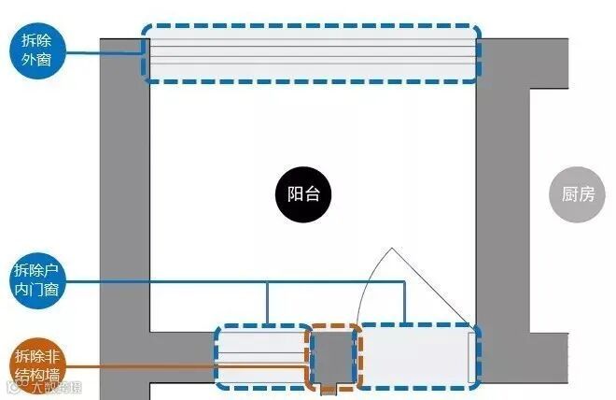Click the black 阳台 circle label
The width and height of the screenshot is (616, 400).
[303, 195]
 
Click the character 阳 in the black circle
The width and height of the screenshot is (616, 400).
[293, 195]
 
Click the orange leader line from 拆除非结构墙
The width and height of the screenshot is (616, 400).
[187, 366]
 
